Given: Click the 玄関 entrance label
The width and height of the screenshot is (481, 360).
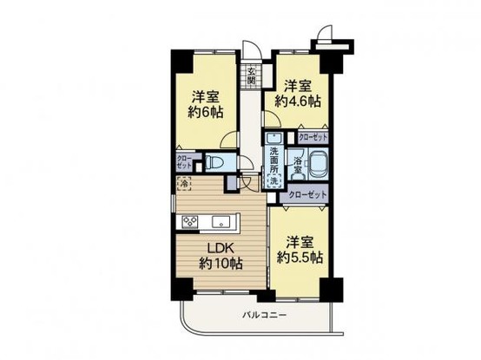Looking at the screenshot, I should coord(252,75).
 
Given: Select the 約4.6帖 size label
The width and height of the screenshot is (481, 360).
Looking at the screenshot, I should coord(298,101).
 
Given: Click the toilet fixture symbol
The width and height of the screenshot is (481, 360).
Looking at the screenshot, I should coord(217,161).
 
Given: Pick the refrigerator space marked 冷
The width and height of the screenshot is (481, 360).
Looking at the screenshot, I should coord(184,184).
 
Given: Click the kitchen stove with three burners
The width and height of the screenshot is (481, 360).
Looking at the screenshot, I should coord(189,222).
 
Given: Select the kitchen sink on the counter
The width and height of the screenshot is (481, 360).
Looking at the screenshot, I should coord(218,222).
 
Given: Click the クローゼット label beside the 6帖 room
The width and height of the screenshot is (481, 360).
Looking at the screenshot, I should coord(185,162).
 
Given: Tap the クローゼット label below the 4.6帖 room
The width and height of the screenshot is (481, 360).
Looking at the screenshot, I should coord(312,137).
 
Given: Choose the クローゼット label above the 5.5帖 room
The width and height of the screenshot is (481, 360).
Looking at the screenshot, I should coord(307,195).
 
